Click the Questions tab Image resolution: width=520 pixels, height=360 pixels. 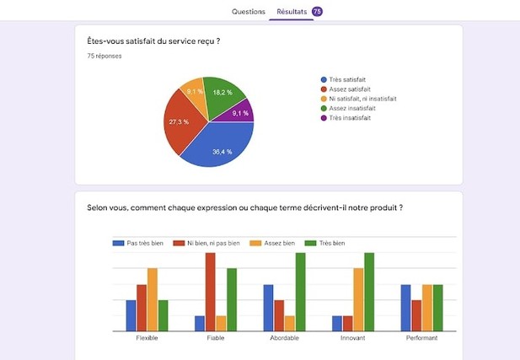click(x=249, y=12)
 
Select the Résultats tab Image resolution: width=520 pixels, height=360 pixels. click(x=291, y=12)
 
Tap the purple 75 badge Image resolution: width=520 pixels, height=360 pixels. click(x=317, y=12)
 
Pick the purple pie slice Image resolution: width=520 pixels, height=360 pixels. click(x=241, y=113)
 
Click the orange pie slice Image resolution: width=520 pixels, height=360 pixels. click(x=196, y=94)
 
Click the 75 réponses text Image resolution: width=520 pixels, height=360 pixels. click(x=105, y=56)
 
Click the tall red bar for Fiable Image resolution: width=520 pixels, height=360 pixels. click(x=210, y=292)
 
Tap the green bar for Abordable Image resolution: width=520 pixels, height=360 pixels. click(x=300, y=292)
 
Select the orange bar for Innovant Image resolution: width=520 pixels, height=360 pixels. click(x=358, y=299)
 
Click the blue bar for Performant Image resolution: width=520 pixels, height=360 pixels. click(x=405, y=308)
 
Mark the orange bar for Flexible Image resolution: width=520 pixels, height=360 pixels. click(x=153, y=299)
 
